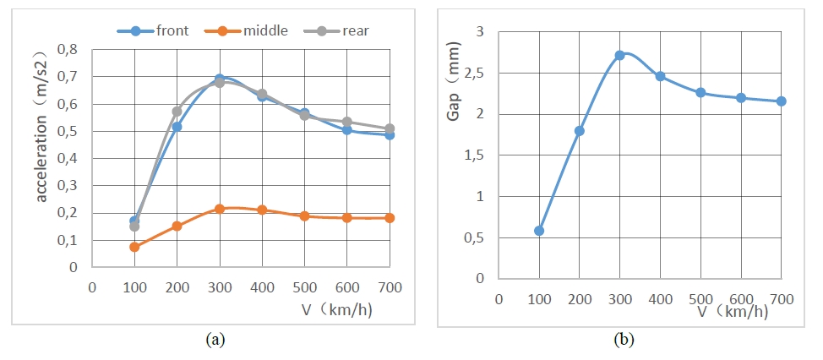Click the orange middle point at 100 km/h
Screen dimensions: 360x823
click(134, 247)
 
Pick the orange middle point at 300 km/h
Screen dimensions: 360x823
click(220, 209)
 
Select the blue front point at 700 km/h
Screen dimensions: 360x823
click(390, 135)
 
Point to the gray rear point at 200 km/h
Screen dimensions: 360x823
click(177, 112)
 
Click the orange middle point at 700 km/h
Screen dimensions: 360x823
click(390, 218)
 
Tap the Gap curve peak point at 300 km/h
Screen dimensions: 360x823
click(619, 56)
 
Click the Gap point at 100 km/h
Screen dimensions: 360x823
click(539, 231)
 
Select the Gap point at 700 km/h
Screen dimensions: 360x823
click(782, 101)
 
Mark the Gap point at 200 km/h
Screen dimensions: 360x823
click(580, 131)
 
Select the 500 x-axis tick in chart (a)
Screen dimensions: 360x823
click(304, 287)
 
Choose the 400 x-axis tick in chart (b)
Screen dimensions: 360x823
click(660, 298)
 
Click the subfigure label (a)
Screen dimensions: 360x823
click(215, 341)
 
